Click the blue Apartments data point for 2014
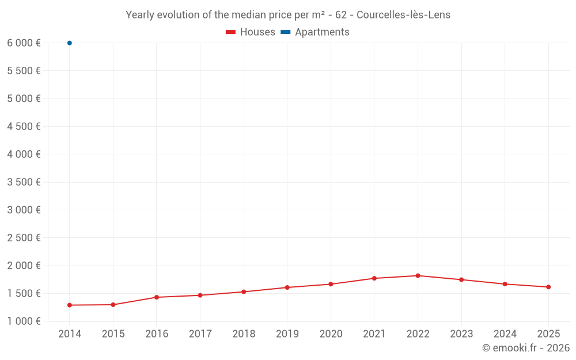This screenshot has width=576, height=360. pyautogui.click(x=70, y=43)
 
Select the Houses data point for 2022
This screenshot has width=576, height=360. pyautogui.click(x=418, y=276)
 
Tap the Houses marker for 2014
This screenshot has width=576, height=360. pyautogui.click(x=70, y=305)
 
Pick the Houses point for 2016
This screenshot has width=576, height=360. pyautogui.click(x=157, y=297)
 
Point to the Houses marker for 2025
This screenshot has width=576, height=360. pyautogui.click(x=548, y=287)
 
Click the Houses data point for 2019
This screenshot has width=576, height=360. pyautogui.click(x=287, y=287)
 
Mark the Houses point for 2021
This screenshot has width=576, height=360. pyautogui.click(x=374, y=278)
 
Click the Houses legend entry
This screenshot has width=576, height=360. pyautogui.click(x=251, y=32)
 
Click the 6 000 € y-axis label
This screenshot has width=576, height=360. pyautogui.click(x=24, y=43)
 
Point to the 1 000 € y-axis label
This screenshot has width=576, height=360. pyautogui.click(x=24, y=321)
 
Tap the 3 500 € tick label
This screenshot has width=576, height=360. pyautogui.click(x=24, y=182)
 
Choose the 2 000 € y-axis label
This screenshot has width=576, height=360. pyautogui.click(x=24, y=266)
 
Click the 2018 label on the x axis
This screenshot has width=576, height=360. pyautogui.click(x=244, y=334)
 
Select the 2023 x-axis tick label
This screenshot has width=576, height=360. pyautogui.click(x=461, y=334)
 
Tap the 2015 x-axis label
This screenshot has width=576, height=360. pyautogui.click(x=113, y=334)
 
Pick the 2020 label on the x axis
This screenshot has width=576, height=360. pyautogui.click(x=331, y=334)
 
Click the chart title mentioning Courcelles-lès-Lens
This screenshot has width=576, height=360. pyautogui.click(x=288, y=15)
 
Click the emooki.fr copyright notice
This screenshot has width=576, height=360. pyautogui.click(x=526, y=348)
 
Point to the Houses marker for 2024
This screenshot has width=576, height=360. pyautogui.click(x=505, y=284)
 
